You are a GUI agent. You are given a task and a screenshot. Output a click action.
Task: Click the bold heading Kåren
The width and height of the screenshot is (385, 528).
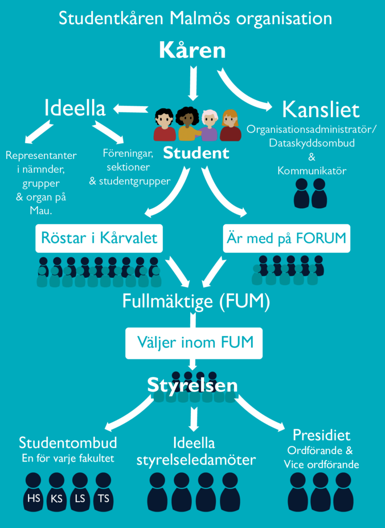click(192, 51)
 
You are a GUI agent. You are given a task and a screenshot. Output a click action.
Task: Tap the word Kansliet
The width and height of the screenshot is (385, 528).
click(321, 110)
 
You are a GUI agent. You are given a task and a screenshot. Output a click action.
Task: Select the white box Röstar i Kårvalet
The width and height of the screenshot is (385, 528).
click(99, 238)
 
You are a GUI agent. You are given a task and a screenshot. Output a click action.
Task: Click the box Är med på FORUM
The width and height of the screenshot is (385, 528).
click(287, 238)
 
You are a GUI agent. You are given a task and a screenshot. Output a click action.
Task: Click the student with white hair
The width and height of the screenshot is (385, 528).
click(209, 126)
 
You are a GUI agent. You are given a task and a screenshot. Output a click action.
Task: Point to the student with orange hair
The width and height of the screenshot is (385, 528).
click(230, 126)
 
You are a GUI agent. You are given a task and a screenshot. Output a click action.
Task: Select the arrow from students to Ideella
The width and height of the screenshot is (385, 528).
click(131, 109)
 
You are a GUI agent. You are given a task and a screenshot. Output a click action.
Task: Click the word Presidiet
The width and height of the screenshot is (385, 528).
click(322, 435)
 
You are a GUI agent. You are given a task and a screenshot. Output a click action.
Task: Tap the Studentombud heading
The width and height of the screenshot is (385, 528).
click(68, 443)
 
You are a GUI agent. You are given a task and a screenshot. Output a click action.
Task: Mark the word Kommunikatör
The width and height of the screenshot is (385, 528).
click(312, 170)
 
